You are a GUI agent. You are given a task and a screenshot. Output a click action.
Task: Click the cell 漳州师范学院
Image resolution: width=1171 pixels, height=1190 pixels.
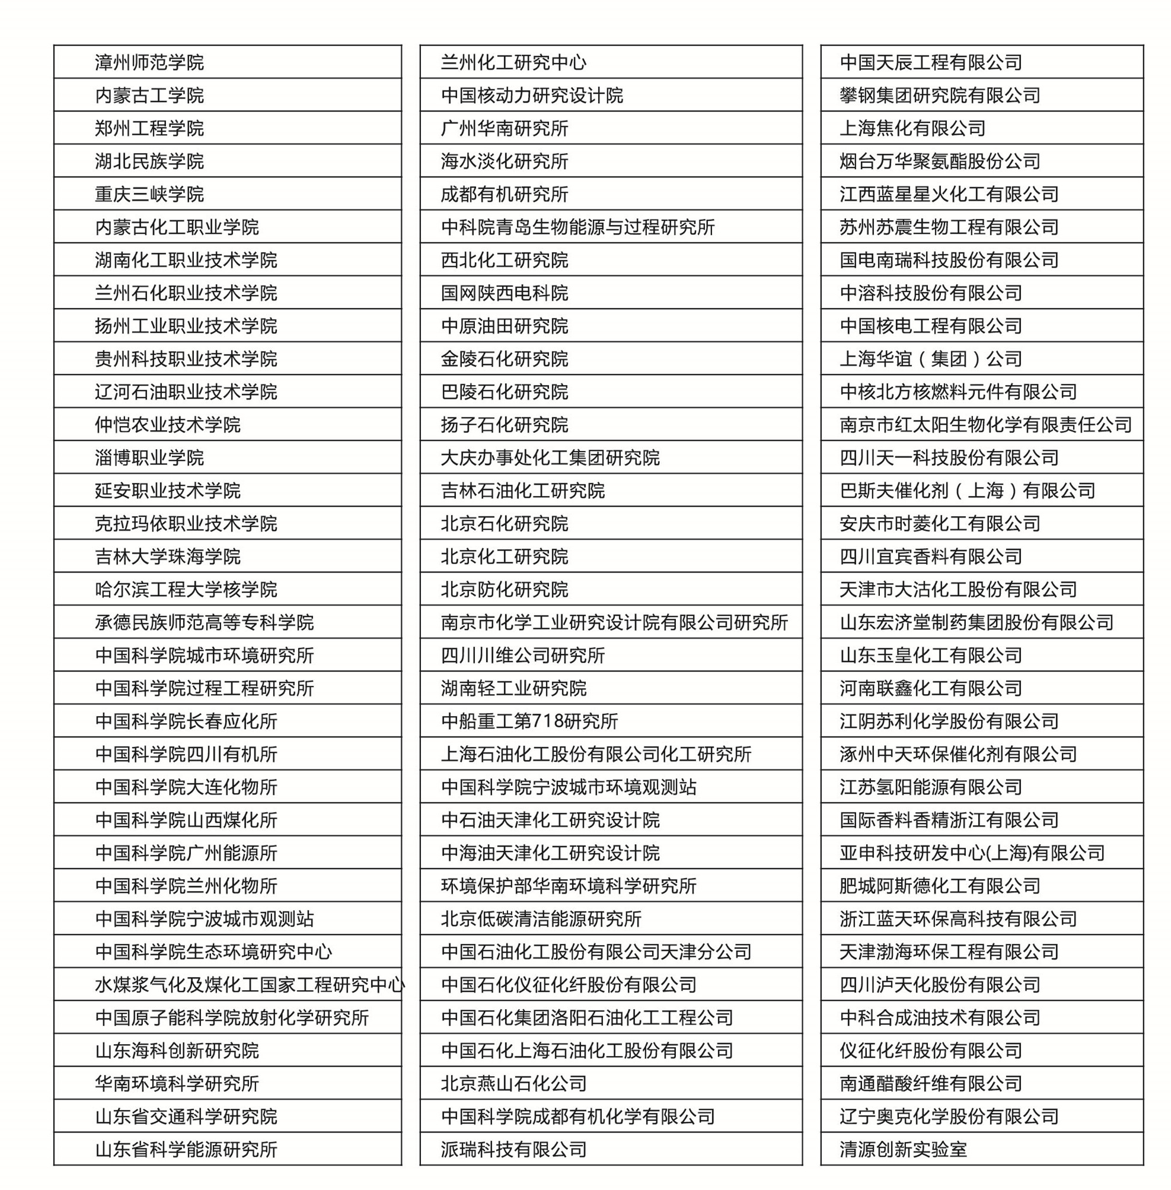coord(149,62)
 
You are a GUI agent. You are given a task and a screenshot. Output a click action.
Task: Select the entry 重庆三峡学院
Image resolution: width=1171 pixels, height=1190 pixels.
coord(149,194)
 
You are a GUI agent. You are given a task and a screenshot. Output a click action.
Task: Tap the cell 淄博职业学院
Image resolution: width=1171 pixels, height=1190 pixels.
coord(149,458)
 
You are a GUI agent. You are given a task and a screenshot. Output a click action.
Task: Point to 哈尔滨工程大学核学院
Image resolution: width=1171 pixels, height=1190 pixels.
coord(186,590)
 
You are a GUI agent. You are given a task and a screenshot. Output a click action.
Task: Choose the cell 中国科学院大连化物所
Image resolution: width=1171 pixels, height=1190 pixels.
coord(186,787)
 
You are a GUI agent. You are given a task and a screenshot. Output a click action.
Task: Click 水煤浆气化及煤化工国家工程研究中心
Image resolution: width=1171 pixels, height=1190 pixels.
coord(250,985)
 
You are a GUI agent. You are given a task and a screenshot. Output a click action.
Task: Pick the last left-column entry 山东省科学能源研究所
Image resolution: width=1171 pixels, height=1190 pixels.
coord(186,1150)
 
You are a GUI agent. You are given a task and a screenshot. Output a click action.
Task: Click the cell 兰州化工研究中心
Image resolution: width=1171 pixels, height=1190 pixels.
coord(513,62)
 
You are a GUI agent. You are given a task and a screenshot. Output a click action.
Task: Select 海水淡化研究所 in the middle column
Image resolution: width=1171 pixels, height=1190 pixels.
coord(505,161)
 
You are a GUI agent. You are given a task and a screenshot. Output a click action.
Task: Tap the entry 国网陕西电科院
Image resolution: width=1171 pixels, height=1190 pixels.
coord(505,293)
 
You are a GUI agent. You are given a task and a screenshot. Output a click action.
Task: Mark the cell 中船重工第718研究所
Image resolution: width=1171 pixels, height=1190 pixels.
coord(529,721)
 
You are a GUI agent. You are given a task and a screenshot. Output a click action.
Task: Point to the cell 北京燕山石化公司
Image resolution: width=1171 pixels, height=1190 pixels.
coord(513,1084)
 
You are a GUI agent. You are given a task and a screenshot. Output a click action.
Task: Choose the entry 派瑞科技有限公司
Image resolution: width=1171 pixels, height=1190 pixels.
coord(513,1150)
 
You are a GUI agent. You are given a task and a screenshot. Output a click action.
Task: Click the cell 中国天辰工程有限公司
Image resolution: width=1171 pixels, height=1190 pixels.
coord(930,62)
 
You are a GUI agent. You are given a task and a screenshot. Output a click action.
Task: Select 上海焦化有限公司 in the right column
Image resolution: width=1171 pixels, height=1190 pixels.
coord(912,128)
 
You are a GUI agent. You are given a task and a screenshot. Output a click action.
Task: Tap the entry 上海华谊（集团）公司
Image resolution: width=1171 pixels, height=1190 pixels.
coord(930,359)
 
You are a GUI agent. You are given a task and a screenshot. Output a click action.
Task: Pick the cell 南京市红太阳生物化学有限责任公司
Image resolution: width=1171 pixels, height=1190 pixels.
coord(985,425)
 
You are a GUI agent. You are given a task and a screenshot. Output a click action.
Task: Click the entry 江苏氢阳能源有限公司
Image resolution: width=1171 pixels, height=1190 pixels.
coord(930,787)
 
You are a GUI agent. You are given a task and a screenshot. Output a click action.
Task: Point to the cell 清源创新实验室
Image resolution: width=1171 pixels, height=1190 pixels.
coord(904,1150)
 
